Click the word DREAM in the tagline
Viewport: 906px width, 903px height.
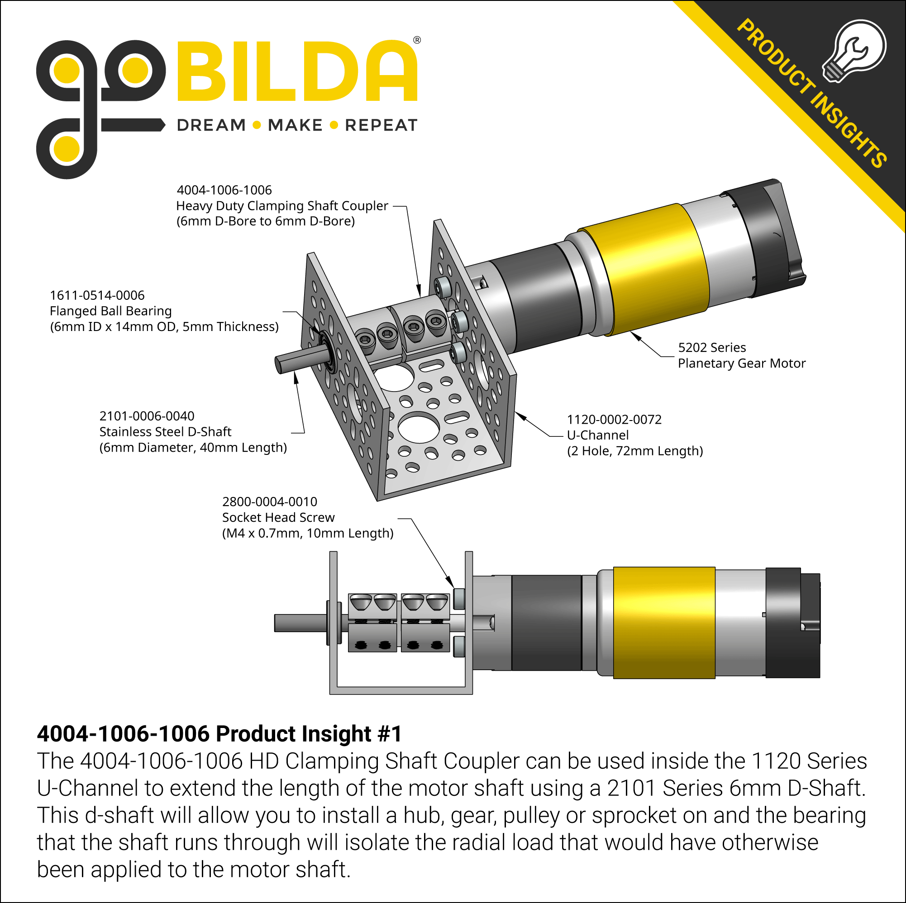tap(211, 125)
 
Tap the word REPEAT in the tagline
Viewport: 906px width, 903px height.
tap(381, 125)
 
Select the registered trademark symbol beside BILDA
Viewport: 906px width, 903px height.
tap(416, 40)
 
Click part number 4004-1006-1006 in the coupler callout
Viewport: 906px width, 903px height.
tap(224, 190)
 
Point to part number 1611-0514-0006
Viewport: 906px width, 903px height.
tap(97, 296)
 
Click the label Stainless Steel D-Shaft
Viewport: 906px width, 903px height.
tap(165, 431)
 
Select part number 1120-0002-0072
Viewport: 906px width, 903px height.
tap(614, 420)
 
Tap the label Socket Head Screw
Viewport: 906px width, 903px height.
tap(278, 517)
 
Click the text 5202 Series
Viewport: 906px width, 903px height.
tap(711, 348)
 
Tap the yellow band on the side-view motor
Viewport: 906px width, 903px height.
tap(663, 623)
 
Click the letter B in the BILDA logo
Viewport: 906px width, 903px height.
tap(203, 71)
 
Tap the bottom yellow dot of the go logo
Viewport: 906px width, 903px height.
tap(66, 149)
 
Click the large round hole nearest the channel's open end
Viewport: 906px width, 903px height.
tap(418, 427)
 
